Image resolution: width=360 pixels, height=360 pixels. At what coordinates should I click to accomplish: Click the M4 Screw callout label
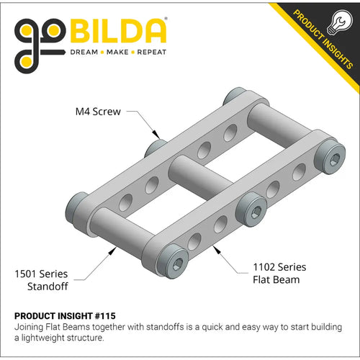tap(99, 112)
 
